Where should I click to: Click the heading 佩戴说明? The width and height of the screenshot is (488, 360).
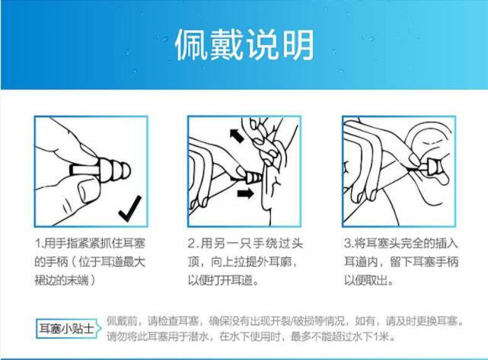pos(244,45)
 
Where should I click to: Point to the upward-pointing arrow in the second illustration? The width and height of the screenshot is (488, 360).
pos(237,135)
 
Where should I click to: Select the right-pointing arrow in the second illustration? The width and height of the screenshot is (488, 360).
pos(245,193)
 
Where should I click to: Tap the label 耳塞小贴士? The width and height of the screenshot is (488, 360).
pos(66,329)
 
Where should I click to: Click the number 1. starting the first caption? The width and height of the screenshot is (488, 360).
pos(39,244)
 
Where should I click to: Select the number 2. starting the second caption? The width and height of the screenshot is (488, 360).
pos(193,244)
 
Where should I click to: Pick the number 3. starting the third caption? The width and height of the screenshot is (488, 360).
pos(348,244)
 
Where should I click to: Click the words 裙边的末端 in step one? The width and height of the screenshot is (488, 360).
pos(62,281)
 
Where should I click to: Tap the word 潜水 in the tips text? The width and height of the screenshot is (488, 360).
pos(199,336)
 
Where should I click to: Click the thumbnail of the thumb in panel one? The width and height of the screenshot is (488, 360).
pos(85,190)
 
